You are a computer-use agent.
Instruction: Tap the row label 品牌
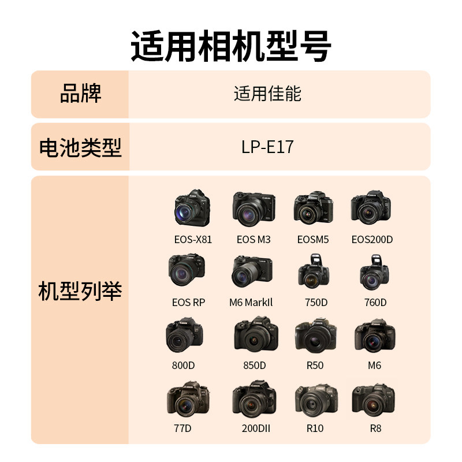click(x=80, y=94)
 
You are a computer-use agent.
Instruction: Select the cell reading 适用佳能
click(x=267, y=94)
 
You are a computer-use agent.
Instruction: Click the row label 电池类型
click(x=80, y=147)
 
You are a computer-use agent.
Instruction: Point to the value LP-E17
click(x=267, y=147)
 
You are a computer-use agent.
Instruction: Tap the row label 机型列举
click(x=80, y=290)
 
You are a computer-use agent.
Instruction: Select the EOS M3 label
click(x=254, y=239)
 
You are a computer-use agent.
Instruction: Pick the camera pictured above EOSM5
click(x=313, y=209)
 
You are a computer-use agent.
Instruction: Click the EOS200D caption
click(x=372, y=239)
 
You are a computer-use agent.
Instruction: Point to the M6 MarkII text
click(x=251, y=302)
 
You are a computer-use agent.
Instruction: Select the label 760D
click(x=375, y=302)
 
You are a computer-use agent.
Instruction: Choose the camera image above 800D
click(x=184, y=335)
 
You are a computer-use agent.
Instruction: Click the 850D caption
click(x=255, y=366)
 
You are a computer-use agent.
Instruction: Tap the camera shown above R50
click(x=315, y=335)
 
